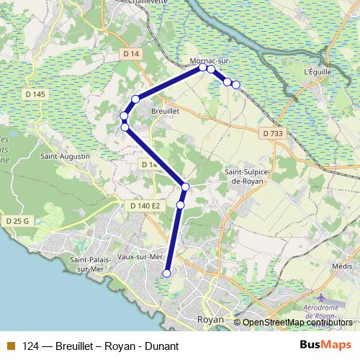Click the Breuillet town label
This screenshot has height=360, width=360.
(165, 112)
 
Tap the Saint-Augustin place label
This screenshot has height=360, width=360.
(65, 156)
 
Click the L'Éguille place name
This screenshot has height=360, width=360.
(317, 72)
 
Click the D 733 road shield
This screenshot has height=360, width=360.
(272, 133)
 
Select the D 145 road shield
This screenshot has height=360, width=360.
(34, 94)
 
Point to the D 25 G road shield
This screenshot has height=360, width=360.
(15, 221)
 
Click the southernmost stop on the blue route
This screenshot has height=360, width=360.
(167, 273)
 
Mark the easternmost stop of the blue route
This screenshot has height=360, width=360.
(235, 85)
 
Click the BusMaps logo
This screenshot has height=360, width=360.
(325, 345)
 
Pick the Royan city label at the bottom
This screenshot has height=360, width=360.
(210, 319)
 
